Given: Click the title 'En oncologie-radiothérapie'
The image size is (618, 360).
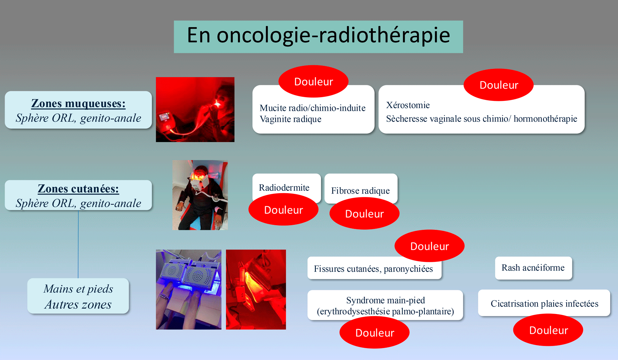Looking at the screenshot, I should click(x=318, y=36).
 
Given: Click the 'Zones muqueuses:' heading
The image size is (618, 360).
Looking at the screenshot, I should click(x=78, y=103).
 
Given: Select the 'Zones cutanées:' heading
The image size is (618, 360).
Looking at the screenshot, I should click(x=78, y=189).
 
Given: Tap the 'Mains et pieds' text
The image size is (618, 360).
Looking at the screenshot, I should click(x=78, y=289).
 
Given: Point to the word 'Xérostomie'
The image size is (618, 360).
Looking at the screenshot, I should click(x=408, y=105).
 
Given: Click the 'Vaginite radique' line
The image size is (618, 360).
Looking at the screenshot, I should click(x=290, y=119).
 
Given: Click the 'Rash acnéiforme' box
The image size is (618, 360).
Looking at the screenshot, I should click(x=533, y=268).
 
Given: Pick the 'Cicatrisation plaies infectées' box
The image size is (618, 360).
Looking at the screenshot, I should click(x=544, y=303).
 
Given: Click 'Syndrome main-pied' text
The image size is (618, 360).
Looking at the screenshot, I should click(x=385, y=300).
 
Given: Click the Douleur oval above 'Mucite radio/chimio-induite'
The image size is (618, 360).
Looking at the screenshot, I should click(x=313, y=82).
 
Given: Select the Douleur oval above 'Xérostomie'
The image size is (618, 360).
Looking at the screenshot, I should click(x=499, y=85).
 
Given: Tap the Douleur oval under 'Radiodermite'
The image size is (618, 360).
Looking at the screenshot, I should click(x=284, y=210).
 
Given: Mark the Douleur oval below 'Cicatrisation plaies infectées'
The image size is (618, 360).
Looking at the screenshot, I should click(x=548, y=330).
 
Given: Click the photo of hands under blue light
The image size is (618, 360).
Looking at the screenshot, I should click(x=188, y=289).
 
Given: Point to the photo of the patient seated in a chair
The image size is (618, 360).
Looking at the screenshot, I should click(x=200, y=195).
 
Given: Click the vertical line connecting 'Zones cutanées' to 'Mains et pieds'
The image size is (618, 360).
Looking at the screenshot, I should click(x=78, y=244).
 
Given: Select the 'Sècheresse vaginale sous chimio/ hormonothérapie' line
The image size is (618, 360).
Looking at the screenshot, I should click(x=481, y=119).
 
